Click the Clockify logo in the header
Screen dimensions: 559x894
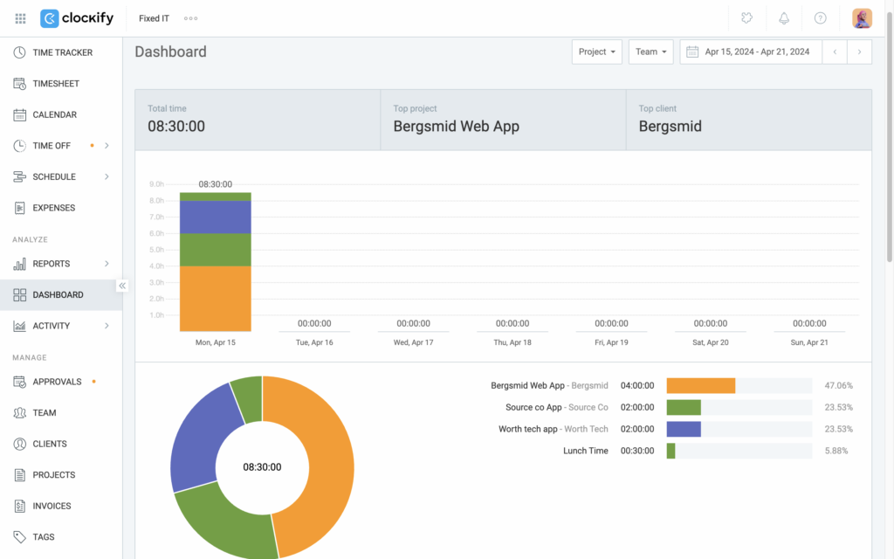coord(77,18)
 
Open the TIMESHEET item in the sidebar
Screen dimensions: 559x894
coord(55,84)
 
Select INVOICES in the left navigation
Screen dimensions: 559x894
coord(52,506)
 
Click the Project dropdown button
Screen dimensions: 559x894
coord(597,52)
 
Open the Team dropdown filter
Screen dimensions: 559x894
coord(650,52)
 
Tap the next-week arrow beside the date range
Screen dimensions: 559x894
coord(859,52)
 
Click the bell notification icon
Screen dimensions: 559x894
coord(784,18)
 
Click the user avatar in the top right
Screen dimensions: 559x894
coord(862,18)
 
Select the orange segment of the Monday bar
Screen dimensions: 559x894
coord(215,299)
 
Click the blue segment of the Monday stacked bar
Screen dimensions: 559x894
coord(215,217)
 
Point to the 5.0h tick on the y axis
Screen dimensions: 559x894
coord(157,250)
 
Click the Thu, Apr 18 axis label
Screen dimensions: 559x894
coord(512,342)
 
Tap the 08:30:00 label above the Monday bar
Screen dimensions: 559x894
coord(215,184)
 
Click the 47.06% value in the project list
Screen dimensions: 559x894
coord(838,385)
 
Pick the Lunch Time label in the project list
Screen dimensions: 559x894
coord(586,451)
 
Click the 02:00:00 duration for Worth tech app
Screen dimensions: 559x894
coord(637,429)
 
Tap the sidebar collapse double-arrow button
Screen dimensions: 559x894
coord(122,286)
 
